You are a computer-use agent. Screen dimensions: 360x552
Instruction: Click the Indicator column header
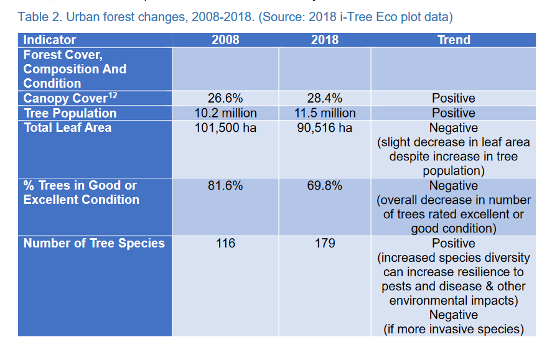(x=50, y=40)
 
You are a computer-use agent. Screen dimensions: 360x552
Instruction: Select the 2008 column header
(x=225, y=40)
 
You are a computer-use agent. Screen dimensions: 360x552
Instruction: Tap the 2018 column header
(x=324, y=40)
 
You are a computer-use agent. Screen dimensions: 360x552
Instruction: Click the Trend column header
(x=453, y=40)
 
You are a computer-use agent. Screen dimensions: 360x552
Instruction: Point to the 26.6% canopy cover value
(x=225, y=98)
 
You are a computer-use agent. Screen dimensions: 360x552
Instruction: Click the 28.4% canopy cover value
(x=324, y=98)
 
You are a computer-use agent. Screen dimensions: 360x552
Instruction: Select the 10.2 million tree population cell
(x=225, y=113)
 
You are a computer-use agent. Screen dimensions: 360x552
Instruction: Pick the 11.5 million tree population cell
(x=324, y=113)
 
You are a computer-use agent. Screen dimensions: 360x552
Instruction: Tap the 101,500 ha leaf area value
(x=225, y=128)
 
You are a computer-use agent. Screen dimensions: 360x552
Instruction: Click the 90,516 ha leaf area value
(x=324, y=128)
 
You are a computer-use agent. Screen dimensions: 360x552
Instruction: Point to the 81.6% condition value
(x=225, y=186)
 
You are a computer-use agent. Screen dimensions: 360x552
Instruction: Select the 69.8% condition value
(x=324, y=186)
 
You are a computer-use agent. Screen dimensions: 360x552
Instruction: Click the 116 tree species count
(x=225, y=243)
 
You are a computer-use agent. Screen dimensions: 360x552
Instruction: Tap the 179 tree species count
(x=324, y=243)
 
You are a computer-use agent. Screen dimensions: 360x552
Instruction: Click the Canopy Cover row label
(x=65, y=99)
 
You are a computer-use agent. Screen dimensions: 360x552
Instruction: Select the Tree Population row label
(x=70, y=113)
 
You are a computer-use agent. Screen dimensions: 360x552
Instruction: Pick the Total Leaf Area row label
(x=67, y=128)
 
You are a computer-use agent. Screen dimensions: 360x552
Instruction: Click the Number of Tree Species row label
(x=94, y=243)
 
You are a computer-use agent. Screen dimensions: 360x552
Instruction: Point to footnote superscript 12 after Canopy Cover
(x=112, y=95)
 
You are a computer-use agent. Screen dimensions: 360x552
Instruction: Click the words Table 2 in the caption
(x=39, y=16)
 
